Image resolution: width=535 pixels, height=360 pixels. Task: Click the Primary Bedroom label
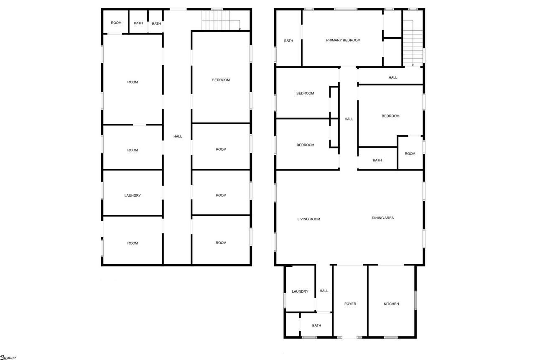click(x=343, y=40)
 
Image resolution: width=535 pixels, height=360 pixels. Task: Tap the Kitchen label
click(x=391, y=304)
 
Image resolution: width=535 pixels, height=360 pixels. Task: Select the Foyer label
click(x=350, y=304)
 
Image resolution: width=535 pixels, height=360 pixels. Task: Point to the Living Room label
click(x=308, y=219)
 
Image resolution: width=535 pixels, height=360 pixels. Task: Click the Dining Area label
click(x=382, y=218)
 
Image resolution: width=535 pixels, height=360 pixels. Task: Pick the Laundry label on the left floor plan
click(x=132, y=196)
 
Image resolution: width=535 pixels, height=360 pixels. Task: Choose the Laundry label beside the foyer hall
click(x=300, y=291)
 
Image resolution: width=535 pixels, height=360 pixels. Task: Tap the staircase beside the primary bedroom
click(x=413, y=43)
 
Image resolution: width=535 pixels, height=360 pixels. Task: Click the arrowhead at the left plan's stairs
click(x=240, y=29)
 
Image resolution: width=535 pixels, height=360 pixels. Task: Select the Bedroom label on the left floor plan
click(x=221, y=80)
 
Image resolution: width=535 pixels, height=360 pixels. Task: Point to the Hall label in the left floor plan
click(x=178, y=136)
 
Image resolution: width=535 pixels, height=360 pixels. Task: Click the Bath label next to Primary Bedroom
click(x=288, y=41)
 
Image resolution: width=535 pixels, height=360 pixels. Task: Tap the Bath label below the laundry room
click(x=316, y=326)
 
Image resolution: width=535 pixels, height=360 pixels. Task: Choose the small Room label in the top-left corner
click(x=116, y=23)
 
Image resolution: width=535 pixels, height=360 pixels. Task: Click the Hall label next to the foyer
click(x=324, y=291)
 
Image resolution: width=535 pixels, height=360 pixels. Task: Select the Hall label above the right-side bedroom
click(x=392, y=78)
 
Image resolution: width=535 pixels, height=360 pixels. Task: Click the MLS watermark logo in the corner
click(x=8, y=357)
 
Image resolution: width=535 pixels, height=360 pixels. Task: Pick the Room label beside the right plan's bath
click(x=410, y=154)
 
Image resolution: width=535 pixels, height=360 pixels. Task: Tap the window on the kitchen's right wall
click(x=415, y=300)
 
